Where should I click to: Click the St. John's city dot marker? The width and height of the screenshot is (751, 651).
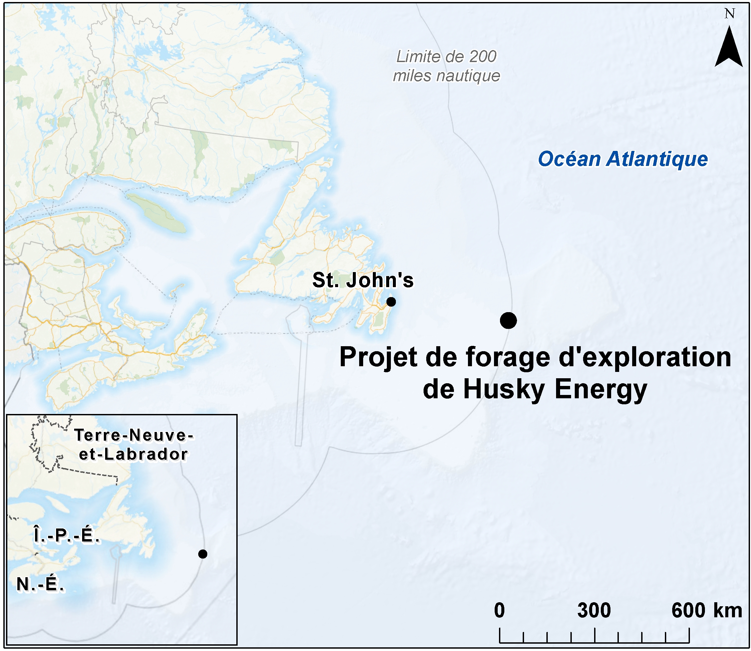click(x=391, y=301)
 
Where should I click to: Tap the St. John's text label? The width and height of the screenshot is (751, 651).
click(x=362, y=280)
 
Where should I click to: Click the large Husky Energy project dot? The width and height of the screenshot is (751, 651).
click(x=508, y=320)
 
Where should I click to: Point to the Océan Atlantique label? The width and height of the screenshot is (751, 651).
click(x=622, y=159)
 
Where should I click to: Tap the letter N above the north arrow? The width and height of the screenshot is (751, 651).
click(x=729, y=14)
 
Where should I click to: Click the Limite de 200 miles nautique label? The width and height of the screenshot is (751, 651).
click(x=446, y=66)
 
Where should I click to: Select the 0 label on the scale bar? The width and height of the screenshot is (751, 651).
click(x=499, y=611)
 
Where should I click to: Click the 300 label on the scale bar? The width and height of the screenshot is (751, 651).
click(x=594, y=611)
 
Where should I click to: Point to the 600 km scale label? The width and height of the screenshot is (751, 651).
click(x=706, y=611)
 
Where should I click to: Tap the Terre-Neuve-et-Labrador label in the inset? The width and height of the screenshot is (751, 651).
click(x=133, y=445)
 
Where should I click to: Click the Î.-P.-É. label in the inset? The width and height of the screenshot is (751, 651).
click(x=66, y=535)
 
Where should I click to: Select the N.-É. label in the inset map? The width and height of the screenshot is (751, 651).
click(x=40, y=584)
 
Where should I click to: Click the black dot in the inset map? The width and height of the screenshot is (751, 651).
click(x=203, y=554)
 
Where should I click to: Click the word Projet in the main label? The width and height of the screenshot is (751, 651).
click(x=379, y=358)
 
